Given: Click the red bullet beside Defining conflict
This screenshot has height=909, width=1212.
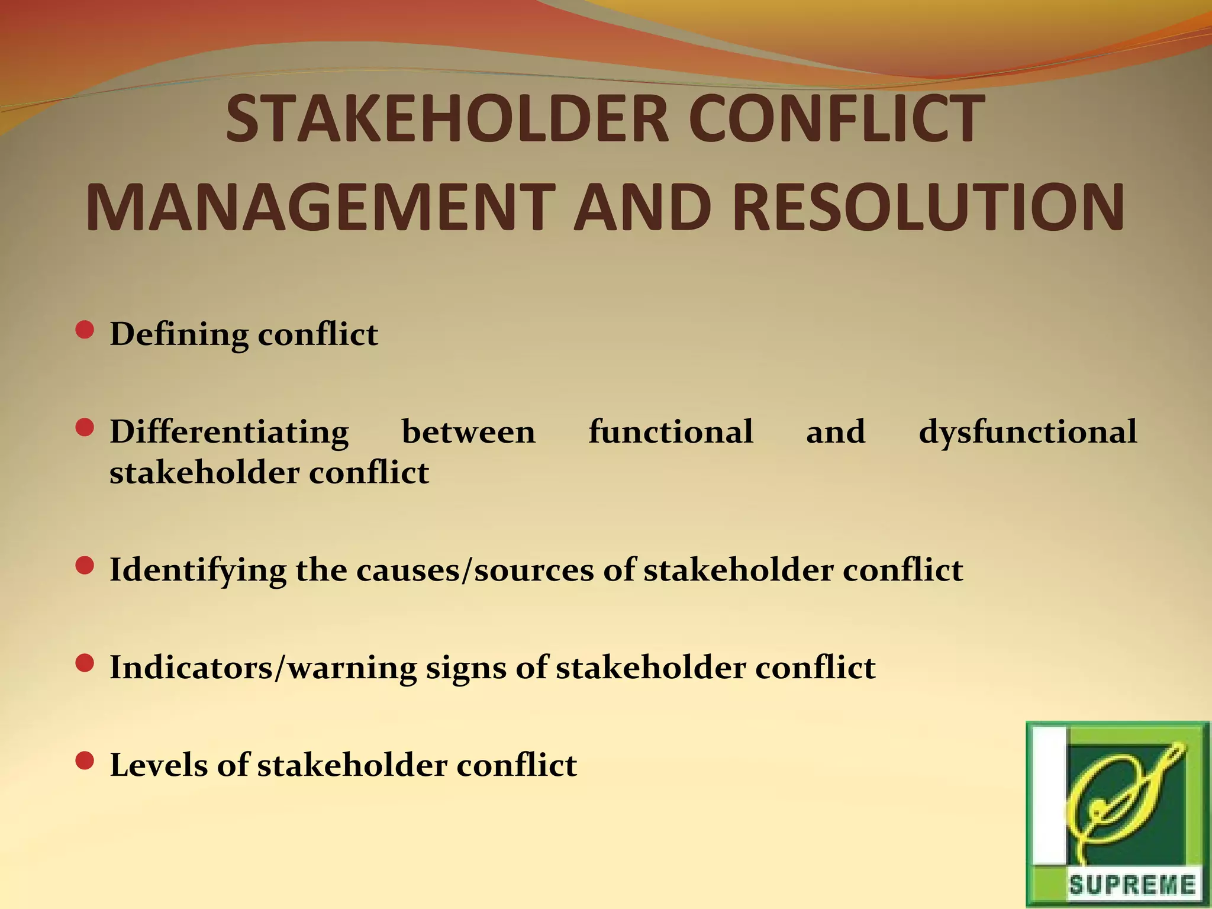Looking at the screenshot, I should coord(85,330).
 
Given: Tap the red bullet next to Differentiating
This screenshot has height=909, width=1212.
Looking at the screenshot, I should coord(85,427).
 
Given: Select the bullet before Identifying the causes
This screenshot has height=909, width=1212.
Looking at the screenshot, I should coord(85,566).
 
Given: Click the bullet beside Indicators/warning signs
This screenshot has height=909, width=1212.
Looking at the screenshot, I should coord(85,663).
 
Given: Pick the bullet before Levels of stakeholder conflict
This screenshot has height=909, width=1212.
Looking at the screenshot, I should coord(85,761).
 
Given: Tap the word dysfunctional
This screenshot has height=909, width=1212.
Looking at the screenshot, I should coord(1027,432).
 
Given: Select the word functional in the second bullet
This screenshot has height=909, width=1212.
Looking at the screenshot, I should coord(671,432).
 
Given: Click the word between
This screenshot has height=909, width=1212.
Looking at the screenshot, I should coord(468,432).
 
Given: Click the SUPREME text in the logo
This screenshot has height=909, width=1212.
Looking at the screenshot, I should coord(1132,885).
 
